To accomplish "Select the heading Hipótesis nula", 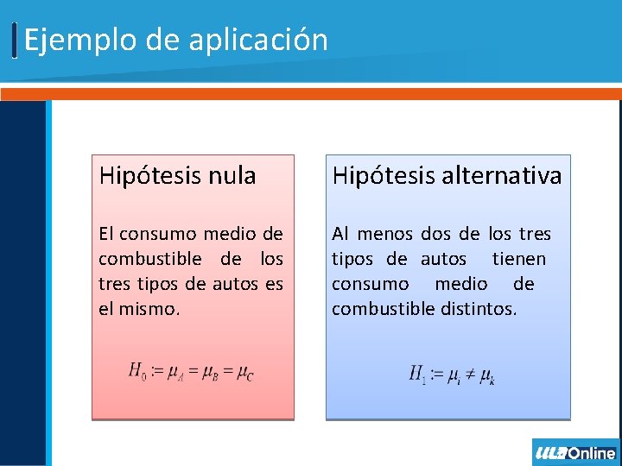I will [x=177, y=176].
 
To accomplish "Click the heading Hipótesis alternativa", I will [x=447, y=176].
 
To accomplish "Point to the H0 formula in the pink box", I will [x=191, y=372].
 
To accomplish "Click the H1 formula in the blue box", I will [x=451, y=375].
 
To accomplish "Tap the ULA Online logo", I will [x=575, y=452].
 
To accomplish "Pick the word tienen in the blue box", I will [x=518, y=259].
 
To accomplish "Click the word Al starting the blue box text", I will [x=340, y=234].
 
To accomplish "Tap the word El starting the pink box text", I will [x=106, y=234].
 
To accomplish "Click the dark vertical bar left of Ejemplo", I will [x=16, y=41].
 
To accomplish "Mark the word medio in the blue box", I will [x=460, y=284].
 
